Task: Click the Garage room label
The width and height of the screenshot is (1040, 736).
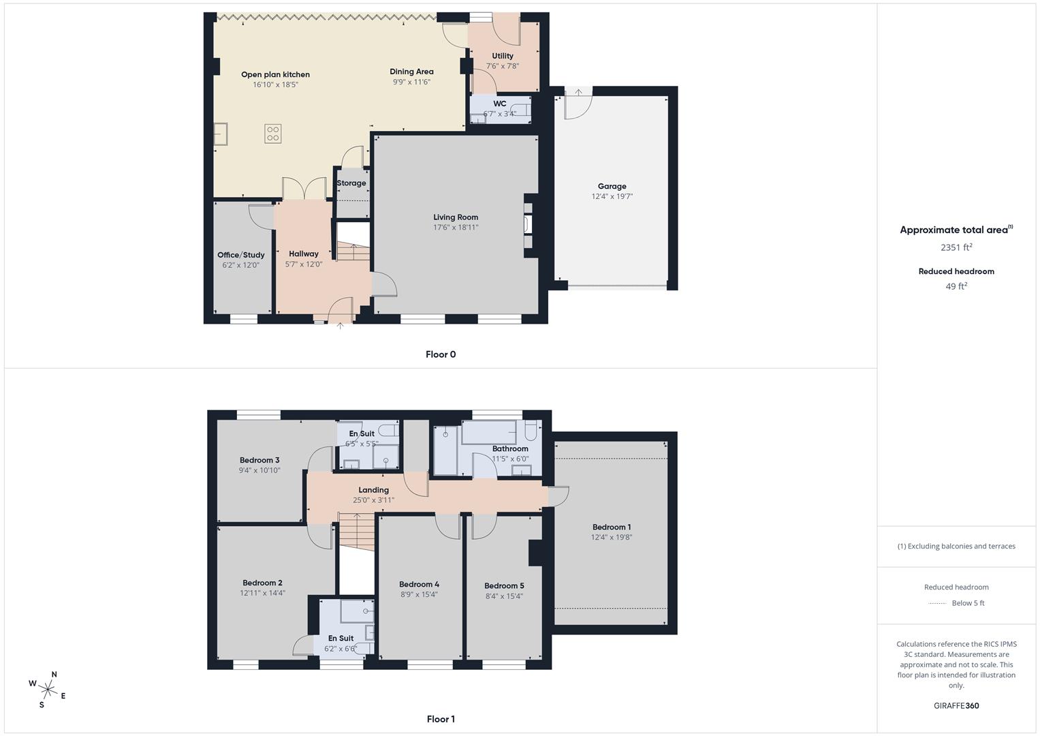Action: [612, 186]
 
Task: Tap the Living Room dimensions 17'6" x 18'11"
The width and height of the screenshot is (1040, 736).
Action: [456, 228]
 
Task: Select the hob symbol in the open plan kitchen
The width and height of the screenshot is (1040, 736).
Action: [272, 134]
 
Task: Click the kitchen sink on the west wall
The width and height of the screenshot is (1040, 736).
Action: [221, 134]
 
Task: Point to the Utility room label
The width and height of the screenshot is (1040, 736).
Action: [503, 56]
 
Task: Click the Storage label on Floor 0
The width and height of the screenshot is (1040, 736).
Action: [351, 183]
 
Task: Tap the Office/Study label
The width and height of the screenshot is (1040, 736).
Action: [241, 255]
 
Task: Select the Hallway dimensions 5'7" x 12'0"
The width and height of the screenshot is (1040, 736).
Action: [304, 264]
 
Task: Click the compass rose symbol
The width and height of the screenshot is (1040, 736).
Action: [48, 689]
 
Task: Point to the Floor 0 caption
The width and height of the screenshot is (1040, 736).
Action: [441, 354]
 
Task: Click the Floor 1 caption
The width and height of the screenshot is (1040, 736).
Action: [441, 719]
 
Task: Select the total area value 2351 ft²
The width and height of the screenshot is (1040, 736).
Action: [956, 247]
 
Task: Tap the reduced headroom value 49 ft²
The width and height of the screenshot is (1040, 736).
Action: [956, 286]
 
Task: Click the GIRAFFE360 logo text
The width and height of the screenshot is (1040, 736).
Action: [956, 705]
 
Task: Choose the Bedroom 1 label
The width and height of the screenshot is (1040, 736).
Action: [612, 527]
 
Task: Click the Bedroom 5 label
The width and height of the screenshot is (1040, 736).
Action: [504, 585]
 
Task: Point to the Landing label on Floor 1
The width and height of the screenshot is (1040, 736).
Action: [374, 490]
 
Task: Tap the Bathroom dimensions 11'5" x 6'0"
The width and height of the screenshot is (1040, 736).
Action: [510, 459]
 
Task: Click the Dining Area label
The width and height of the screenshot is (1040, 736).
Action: [411, 72]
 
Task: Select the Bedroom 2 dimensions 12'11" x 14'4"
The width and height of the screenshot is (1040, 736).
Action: [262, 594]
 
